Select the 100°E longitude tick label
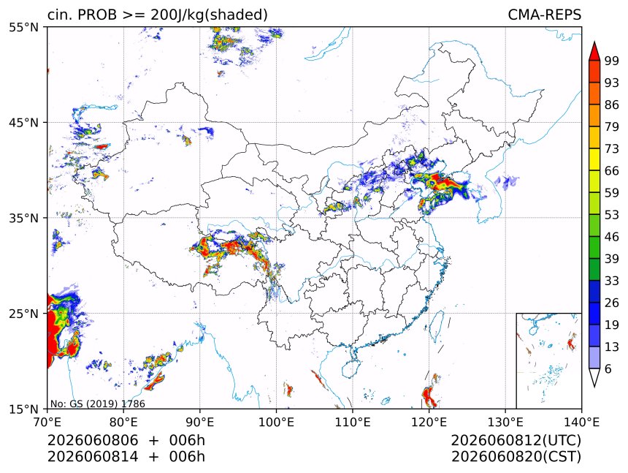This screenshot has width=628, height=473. [x=276, y=422]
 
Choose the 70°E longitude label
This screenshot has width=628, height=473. [x=47, y=422]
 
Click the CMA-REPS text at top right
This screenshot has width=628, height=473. [x=544, y=15]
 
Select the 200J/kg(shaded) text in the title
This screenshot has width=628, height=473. [x=209, y=15]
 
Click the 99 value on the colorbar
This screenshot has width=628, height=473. [x=612, y=61]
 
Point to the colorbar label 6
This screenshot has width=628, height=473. [x=608, y=368]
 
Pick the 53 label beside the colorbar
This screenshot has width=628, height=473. [x=612, y=215]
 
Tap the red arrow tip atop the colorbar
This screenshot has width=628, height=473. [x=594, y=42]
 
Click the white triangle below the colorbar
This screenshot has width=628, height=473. [x=594, y=376]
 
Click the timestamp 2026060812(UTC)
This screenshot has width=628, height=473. [x=516, y=440]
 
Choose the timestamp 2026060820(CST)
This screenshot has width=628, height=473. [x=516, y=457]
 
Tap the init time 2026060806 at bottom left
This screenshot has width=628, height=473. [x=93, y=440]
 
